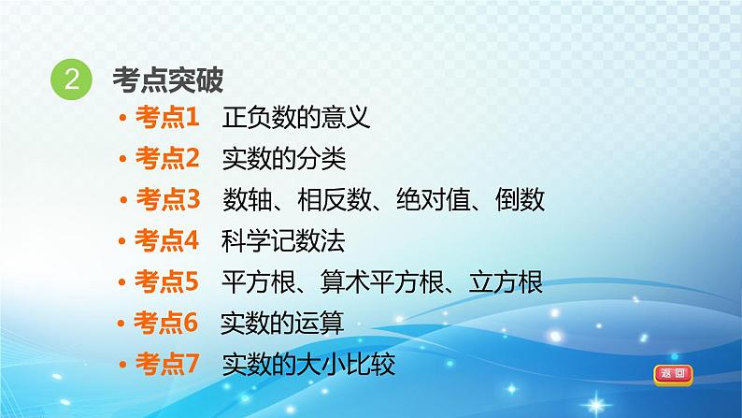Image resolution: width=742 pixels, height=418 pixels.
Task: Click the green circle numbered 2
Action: coord(71,79)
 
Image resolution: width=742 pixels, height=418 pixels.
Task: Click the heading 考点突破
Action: coord(168,79)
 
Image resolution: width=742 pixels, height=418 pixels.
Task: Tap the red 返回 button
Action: coord(673,374)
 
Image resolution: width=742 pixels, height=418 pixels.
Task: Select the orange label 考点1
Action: coord(167,117)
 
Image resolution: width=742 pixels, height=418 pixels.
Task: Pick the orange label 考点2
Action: coord(167,158)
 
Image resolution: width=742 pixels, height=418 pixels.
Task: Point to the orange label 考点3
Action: coord(168,199)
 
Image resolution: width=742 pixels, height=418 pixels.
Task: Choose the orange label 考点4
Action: coord(166,240)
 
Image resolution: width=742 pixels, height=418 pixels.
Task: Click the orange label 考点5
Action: coord(166,281)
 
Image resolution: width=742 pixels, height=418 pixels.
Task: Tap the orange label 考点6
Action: coord(165,323)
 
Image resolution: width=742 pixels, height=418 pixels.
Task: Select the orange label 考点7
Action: coord(167,364)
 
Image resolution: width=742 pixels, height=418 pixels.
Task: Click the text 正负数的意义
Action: coord(296,117)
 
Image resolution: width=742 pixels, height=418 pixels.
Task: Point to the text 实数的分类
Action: coord(284,158)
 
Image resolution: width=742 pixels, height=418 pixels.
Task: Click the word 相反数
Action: coord(335,199)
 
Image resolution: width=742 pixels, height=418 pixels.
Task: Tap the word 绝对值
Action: coord(434,199)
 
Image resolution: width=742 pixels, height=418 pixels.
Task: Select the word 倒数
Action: coord(521,199)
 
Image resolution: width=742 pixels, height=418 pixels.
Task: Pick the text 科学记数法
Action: coord(283,240)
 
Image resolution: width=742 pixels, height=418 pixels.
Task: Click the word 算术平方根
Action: coord(382,281)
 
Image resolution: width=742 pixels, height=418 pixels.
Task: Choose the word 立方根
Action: coord(506,281)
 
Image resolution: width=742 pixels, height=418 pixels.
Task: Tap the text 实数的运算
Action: coord(282,323)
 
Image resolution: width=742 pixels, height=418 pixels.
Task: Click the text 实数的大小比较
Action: coord(309,364)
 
